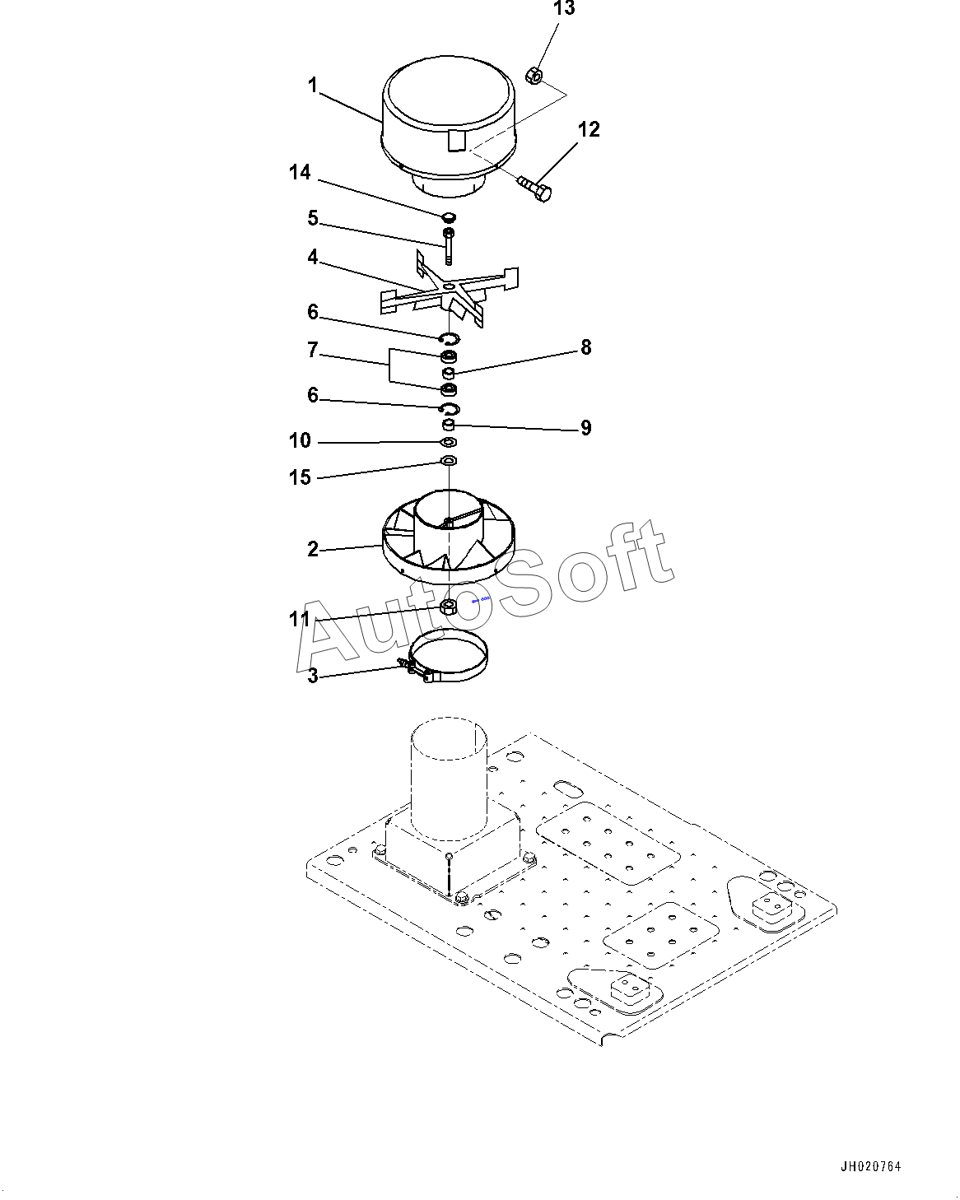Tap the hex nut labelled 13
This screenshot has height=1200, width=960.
pos(534,75)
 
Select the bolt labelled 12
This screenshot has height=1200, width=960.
pos(534,188)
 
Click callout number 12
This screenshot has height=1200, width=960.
pos(589,129)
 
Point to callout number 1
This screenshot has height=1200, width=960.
pos(312,86)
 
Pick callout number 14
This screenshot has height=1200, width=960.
pos(300,172)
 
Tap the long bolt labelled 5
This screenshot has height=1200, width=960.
pos(449,246)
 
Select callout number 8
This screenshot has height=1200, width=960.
pos(585,347)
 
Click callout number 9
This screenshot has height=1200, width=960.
pos(585,428)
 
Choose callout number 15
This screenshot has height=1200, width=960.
pos(300,477)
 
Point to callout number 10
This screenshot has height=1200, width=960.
pos(300,440)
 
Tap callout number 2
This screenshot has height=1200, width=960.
pos(313,549)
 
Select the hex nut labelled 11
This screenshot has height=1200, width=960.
pos(449,607)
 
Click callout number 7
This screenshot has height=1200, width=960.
pos(313,350)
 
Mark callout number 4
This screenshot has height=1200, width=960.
pos(313,257)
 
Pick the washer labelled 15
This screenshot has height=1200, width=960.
pos(449,461)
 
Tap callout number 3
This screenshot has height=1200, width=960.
pos(313,675)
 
